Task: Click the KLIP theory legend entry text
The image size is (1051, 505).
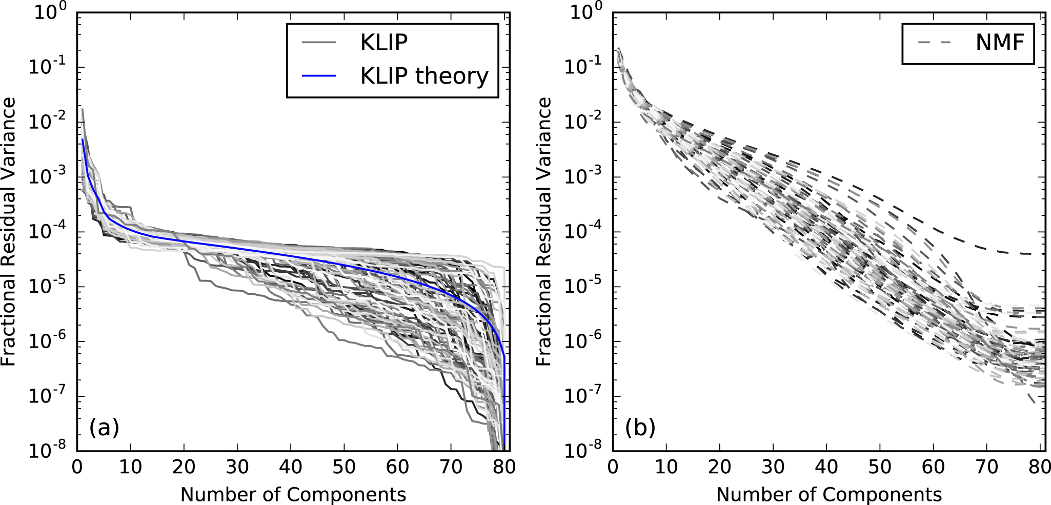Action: (x=424, y=76)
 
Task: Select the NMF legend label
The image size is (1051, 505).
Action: (x=1000, y=43)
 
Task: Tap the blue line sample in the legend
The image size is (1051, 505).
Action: (x=318, y=76)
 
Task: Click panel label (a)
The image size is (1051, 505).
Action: (x=104, y=427)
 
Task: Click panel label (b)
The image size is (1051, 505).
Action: (x=640, y=427)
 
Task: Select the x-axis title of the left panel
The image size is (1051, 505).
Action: (x=293, y=494)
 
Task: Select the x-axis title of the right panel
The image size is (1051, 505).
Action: (x=829, y=494)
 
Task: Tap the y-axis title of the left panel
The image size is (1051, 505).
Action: (x=9, y=232)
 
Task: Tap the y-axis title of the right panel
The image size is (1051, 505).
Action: (x=544, y=232)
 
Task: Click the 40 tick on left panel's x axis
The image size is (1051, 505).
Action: (x=291, y=467)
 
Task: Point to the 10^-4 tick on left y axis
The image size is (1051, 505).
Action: (x=50, y=232)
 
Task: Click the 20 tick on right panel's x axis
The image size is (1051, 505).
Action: (x=719, y=467)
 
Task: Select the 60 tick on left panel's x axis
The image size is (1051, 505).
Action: (x=397, y=467)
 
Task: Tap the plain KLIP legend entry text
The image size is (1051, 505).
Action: (x=383, y=43)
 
